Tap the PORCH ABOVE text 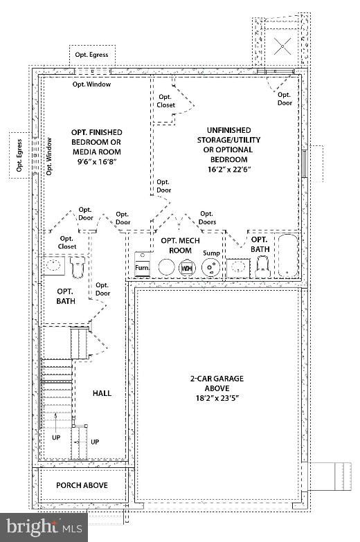point(82,485)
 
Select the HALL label point(102,393)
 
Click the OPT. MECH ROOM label point(176,245)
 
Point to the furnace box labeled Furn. point(142,264)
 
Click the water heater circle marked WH point(186,267)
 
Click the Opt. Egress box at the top point(92,55)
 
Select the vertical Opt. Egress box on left point(19,155)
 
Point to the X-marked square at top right point(282,46)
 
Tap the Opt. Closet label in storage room point(165,101)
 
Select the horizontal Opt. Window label point(91,84)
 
